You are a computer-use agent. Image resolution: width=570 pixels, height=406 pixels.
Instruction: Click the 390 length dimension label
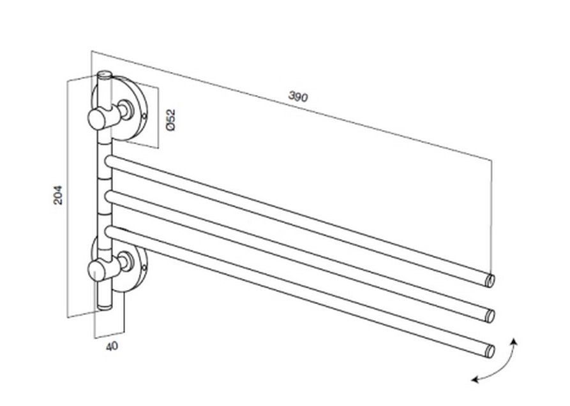298,97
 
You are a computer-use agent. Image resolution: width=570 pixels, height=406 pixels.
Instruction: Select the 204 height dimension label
58,195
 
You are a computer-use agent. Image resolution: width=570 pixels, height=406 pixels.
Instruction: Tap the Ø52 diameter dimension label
170,120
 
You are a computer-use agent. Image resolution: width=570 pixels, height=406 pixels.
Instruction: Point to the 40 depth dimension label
112,346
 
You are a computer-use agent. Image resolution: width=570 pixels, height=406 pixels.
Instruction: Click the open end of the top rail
490,280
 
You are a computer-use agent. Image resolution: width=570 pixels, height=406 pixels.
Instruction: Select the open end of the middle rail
490,315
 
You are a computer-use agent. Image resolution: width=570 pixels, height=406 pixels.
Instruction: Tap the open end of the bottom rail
490,351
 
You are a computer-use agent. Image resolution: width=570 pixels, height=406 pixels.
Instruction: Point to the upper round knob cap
97,119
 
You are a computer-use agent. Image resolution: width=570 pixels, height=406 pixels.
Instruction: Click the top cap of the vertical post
105,75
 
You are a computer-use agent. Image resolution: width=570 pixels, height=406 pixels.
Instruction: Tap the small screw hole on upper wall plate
144,117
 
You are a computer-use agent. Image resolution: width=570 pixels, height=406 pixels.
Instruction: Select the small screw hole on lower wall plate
144,268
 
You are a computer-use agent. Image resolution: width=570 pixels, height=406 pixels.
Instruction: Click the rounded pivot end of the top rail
109,161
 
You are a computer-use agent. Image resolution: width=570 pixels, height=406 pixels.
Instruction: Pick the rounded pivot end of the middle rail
109,196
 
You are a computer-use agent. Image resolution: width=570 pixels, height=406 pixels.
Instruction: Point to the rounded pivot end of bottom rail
109,232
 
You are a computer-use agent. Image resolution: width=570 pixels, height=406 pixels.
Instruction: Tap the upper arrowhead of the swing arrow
514,342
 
